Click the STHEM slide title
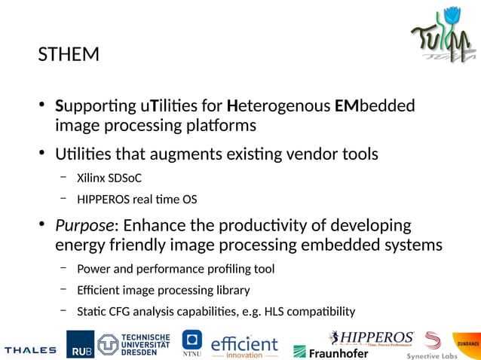click(x=69, y=55)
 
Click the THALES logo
click(x=30, y=350)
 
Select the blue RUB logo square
click(x=81, y=344)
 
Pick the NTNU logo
click(x=192, y=343)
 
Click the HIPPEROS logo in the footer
click(x=371, y=337)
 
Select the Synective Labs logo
click(x=432, y=346)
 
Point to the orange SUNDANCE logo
click(x=467, y=343)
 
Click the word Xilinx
click(x=91, y=178)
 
